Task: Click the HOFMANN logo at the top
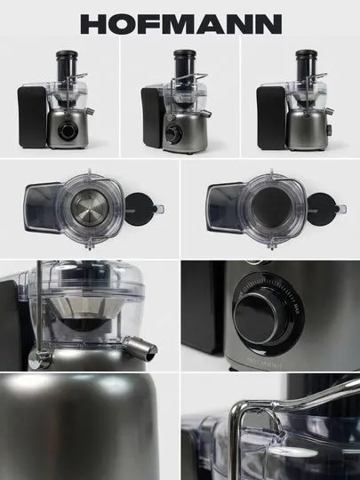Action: (x=181, y=24)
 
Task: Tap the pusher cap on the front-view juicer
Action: (x=67, y=54)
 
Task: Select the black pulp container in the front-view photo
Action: (x=32, y=116)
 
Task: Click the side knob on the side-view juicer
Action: (x=330, y=130)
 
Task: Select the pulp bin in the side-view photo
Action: (x=271, y=118)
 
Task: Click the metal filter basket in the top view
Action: (x=90, y=207)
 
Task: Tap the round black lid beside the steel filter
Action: (x=139, y=209)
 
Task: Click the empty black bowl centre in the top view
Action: (x=271, y=207)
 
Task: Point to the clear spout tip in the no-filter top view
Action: (x=343, y=209)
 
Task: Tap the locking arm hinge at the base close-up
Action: (x=39, y=359)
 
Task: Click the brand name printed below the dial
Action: (x=265, y=364)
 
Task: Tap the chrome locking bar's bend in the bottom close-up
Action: (x=237, y=409)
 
